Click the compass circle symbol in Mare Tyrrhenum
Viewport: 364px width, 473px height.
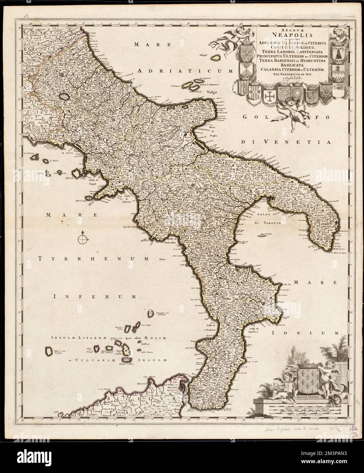click(83, 239)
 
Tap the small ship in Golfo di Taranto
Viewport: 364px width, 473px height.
click(262, 234)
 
